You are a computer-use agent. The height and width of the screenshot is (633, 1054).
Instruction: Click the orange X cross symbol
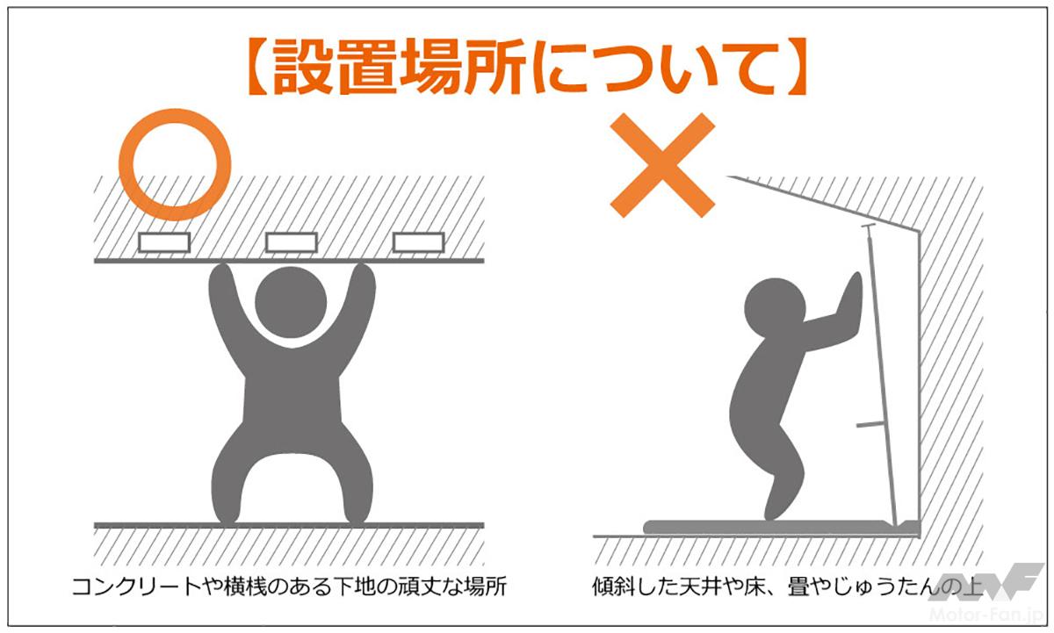[662, 165]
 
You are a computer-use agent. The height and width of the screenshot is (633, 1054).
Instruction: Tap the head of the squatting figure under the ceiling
[291, 302]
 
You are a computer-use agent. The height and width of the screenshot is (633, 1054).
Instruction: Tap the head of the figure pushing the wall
[775, 307]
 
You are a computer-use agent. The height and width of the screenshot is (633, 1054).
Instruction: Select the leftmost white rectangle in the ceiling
[164, 242]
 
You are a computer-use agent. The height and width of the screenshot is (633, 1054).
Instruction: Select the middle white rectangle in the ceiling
[292, 242]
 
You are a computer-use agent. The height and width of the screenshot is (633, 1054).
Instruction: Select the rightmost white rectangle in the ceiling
[418, 242]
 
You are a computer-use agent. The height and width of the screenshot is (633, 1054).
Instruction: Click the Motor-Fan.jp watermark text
[986, 615]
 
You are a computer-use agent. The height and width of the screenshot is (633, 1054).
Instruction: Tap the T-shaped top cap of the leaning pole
[868, 227]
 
